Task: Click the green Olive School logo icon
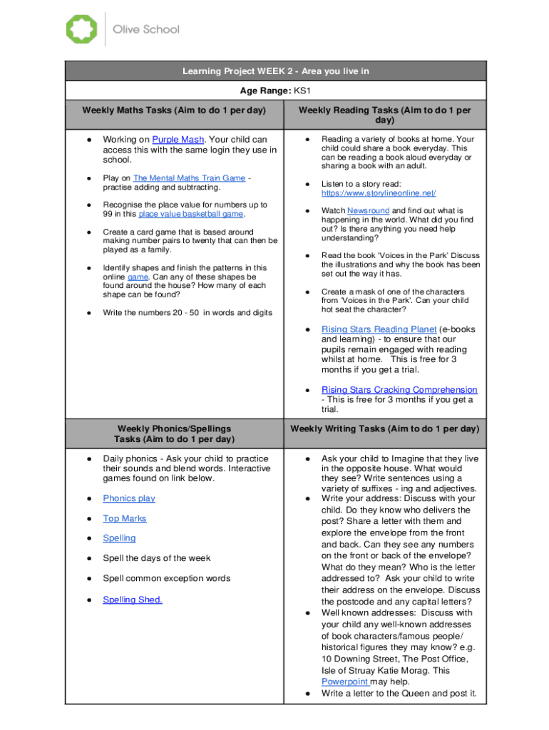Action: [x=81, y=29]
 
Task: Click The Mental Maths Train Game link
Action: [x=189, y=178]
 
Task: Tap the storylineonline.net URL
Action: [x=378, y=193]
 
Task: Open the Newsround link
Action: [x=368, y=211]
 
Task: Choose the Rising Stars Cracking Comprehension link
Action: [x=399, y=390]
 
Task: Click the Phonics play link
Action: [x=129, y=498]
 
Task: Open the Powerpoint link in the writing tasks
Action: [x=344, y=682]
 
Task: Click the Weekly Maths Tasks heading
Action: [x=174, y=110]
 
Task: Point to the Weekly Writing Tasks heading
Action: [x=384, y=428]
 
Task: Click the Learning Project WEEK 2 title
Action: [x=276, y=71]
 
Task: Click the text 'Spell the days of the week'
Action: [x=157, y=558]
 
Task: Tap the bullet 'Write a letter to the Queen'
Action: [x=399, y=693]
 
